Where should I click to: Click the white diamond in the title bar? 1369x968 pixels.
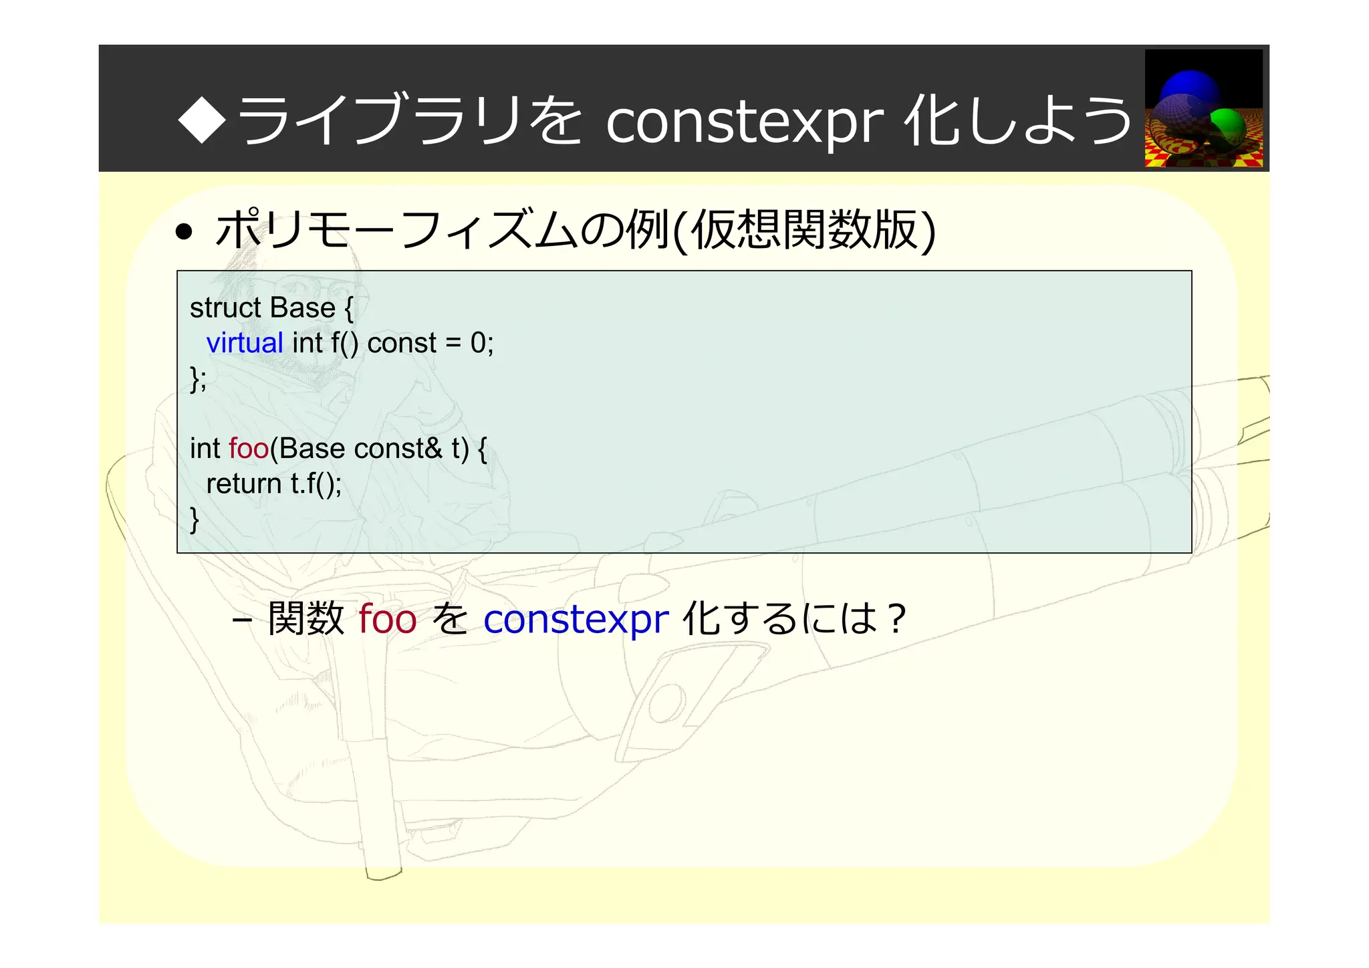pos(202,120)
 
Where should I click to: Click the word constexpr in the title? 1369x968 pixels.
pos(745,122)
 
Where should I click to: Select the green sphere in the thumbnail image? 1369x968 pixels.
pos(1228,125)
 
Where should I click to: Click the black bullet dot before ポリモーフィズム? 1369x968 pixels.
pos(184,233)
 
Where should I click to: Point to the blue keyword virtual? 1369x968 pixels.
pos(245,343)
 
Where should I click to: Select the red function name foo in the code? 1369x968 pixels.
pos(249,449)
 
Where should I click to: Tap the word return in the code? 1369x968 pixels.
pos(243,484)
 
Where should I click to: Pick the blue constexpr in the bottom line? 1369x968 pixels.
pos(576,618)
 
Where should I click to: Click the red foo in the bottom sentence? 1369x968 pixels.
pos(387,618)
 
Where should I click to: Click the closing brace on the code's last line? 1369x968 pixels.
pos(195,519)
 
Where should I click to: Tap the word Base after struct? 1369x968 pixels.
pos(302,308)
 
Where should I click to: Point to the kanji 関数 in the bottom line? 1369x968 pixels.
pos(305,618)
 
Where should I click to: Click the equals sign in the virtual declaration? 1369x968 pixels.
pos(453,343)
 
